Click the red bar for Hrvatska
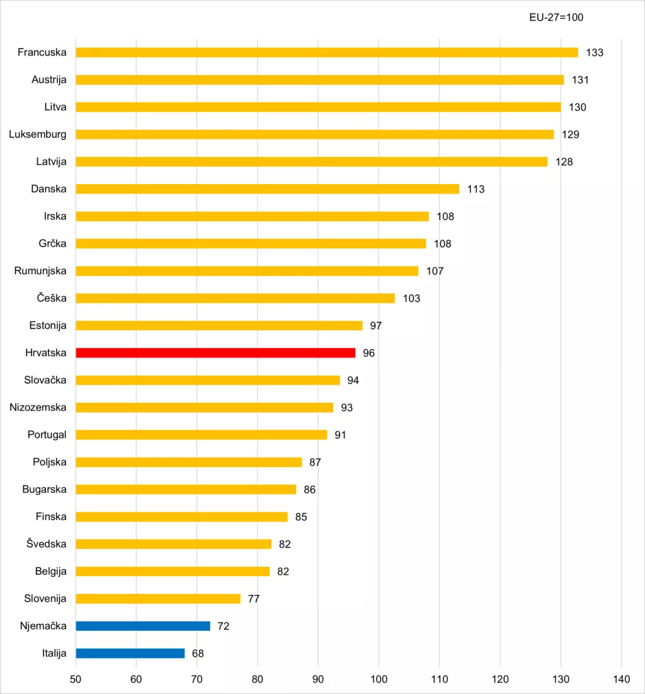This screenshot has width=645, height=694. [x=215, y=353]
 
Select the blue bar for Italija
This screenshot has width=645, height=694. [x=130, y=654]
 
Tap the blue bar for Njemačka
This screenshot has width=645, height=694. [x=143, y=626]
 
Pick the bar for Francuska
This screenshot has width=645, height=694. [x=327, y=52]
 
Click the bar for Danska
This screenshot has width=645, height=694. [x=268, y=189]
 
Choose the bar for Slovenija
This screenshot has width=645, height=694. [x=158, y=599]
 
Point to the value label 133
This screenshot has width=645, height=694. [x=595, y=52]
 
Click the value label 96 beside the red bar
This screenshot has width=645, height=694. [x=368, y=353]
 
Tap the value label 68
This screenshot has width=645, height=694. [x=198, y=654]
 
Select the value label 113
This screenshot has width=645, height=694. [x=476, y=189]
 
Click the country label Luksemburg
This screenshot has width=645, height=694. [x=38, y=134]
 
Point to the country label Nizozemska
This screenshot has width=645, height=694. [x=38, y=407]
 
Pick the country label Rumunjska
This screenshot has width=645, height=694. [x=40, y=271]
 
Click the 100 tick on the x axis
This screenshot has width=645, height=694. [x=379, y=679]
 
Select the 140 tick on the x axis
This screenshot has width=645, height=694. [x=621, y=679]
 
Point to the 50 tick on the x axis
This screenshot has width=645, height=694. [x=76, y=679]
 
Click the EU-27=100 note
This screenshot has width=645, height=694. [x=556, y=18]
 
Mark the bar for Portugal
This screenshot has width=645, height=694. [x=202, y=435]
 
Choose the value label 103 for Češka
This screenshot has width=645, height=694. [x=411, y=298]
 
